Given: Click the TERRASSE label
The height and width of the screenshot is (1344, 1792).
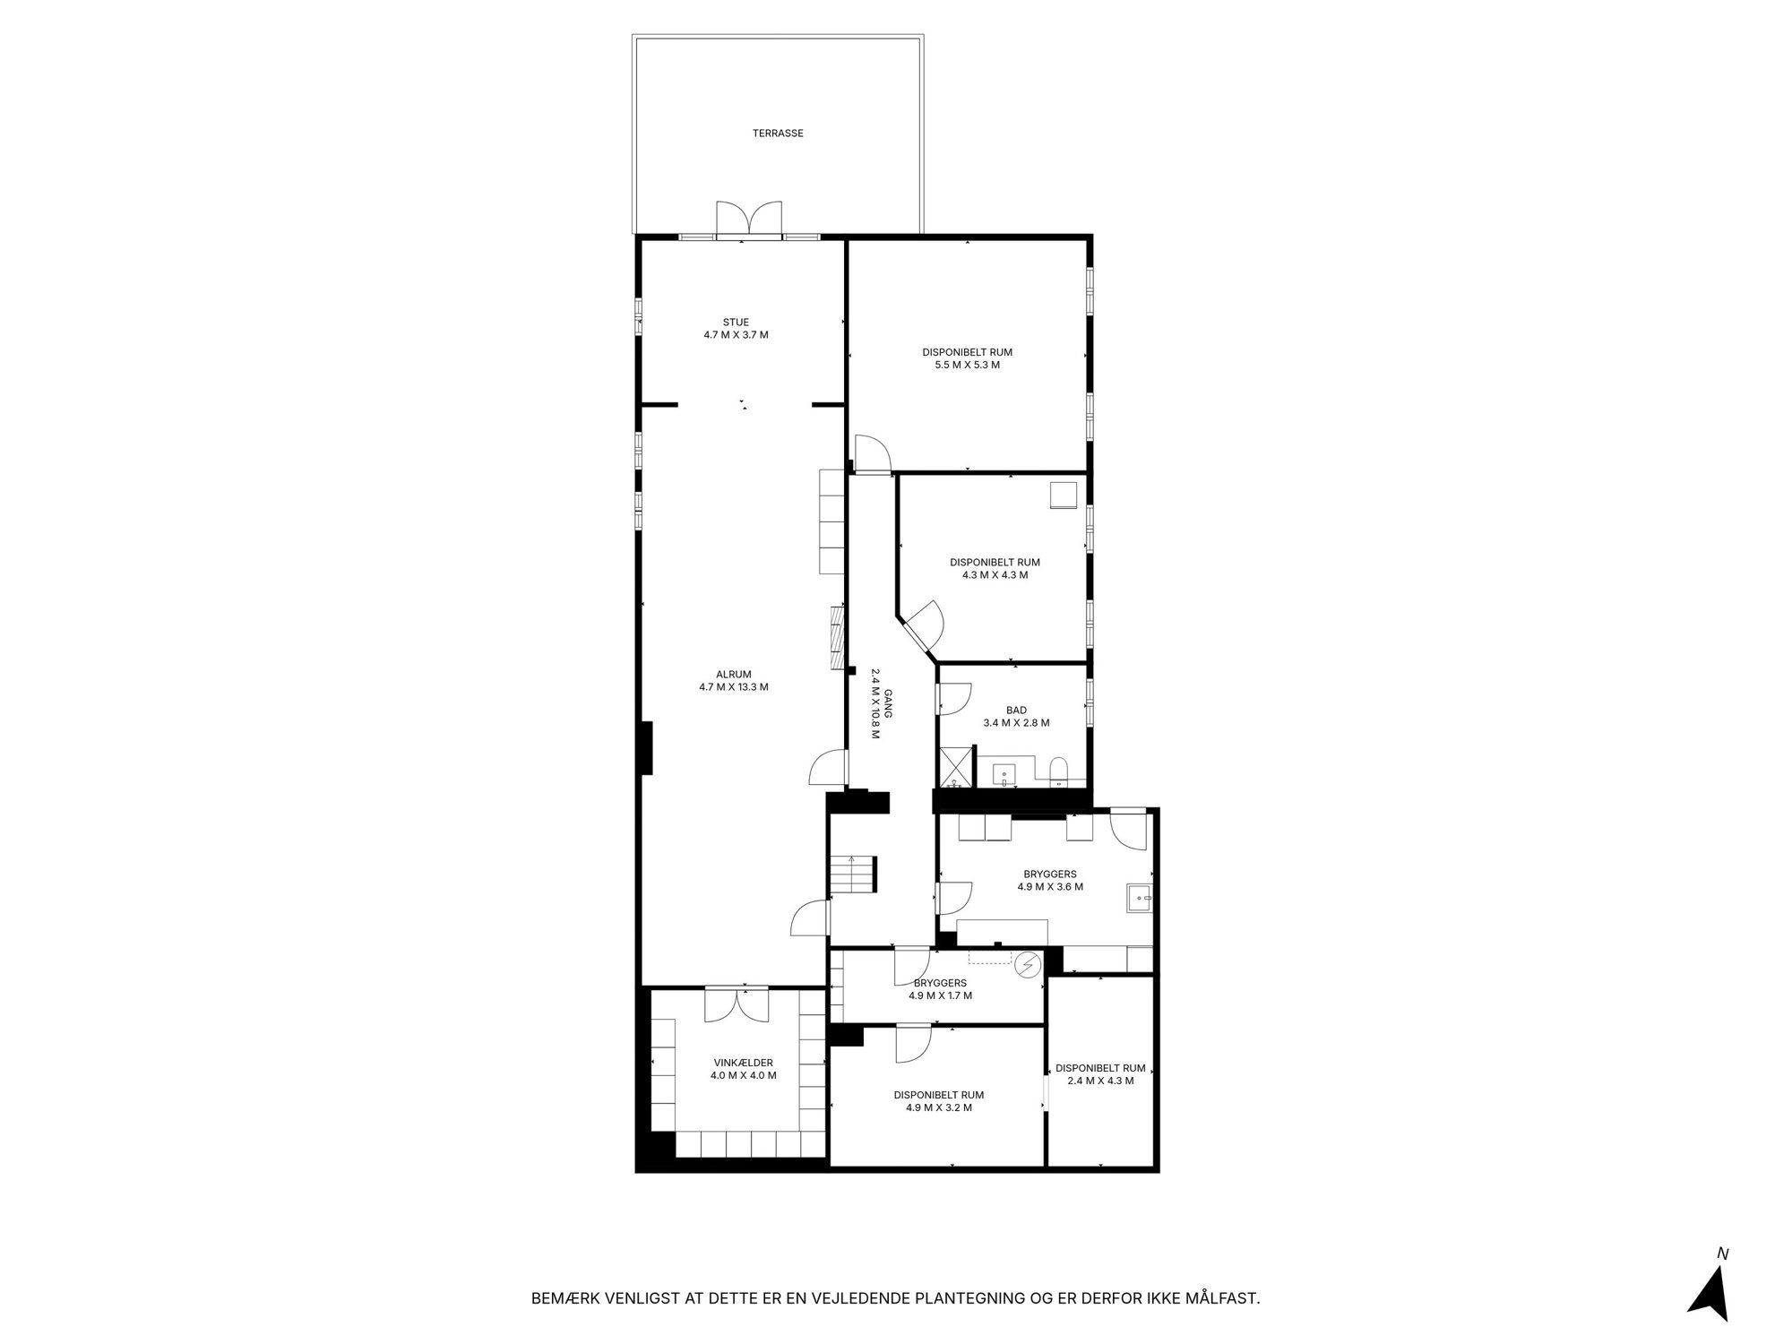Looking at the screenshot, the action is pyautogui.click(x=778, y=134).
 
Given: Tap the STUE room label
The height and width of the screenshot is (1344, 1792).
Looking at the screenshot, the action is pyautogui.click(x=736, y=323).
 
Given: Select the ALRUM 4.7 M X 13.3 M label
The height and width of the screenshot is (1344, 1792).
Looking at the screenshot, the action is pyautogui.click(x=734, y=681).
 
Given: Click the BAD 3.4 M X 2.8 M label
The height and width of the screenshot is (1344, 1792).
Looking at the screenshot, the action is pyautogui.click(x=1016, y=717).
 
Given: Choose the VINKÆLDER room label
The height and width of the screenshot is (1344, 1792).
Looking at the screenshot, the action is pyautogui.click(x=743, y=1063).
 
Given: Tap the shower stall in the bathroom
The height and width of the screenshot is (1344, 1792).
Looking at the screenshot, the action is pyautogui.click(x=955, y=768).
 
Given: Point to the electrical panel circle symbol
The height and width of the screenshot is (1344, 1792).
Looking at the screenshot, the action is pyautogui.click(x=1027, y=965).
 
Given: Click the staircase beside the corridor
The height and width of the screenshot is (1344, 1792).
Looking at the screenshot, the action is pyautogui.click(x=851, y=874).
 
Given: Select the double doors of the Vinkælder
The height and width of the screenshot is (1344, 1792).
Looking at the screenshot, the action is pyautogui.click(x=737, y=1004).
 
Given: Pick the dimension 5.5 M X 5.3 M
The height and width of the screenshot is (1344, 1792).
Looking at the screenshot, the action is pyautogui.click(x=967, y=365).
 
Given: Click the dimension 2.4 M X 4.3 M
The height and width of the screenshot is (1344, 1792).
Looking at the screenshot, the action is pyautogui.click(x=1100, y=1081).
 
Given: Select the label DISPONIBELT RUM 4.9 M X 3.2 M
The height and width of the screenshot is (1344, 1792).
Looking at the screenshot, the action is pyautogui.click(x=939, y=1101).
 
